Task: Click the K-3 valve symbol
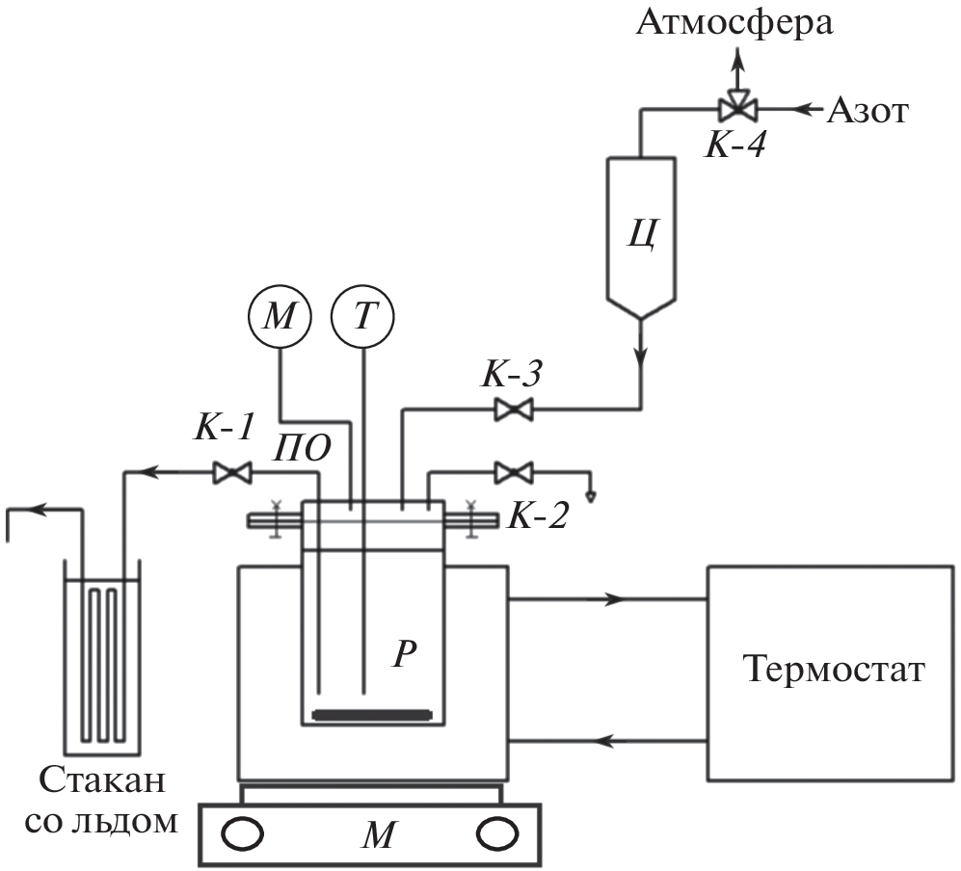(513, 410)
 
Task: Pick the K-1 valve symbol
(231, 472)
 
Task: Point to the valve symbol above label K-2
(513, 472)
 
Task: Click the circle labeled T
(363, 318)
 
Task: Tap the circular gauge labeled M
(280, 318)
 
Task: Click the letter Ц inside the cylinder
(641, 234)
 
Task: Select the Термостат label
(834, 670)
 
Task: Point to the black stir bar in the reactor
(372, 715)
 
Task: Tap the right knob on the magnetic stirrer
(497, 833)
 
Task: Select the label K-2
(538, 517)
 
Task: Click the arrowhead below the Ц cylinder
(641, 357)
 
